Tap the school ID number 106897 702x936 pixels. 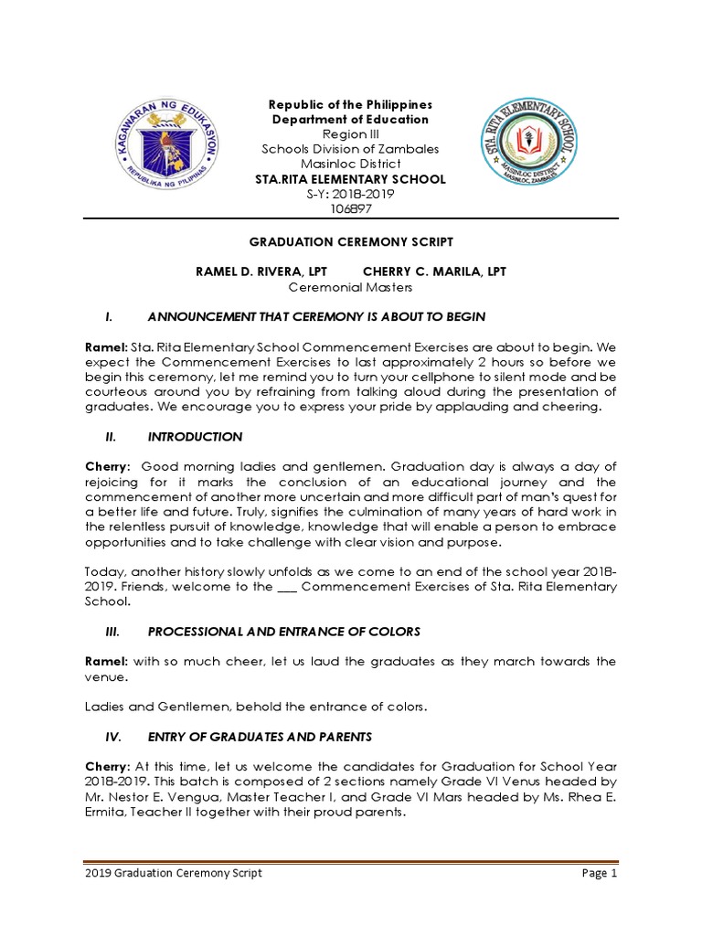coord(351,209)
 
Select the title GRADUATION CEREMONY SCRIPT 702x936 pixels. coord(351,241)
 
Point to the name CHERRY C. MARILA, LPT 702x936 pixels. coord(434,271)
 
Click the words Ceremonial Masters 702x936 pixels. coord(351,287)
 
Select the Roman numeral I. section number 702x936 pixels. coord(109,316)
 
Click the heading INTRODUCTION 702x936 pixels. coord(195,437)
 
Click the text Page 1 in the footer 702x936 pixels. coord(601,873)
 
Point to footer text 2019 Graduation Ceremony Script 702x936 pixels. coord(173,873)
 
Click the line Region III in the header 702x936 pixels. coord(351,134)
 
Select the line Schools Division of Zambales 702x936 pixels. coord(351,149)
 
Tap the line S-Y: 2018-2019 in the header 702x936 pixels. coord(351,194)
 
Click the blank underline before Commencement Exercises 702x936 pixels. coord(287,588)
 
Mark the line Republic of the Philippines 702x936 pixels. coord(351,105)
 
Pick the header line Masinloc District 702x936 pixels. coord(351,164)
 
